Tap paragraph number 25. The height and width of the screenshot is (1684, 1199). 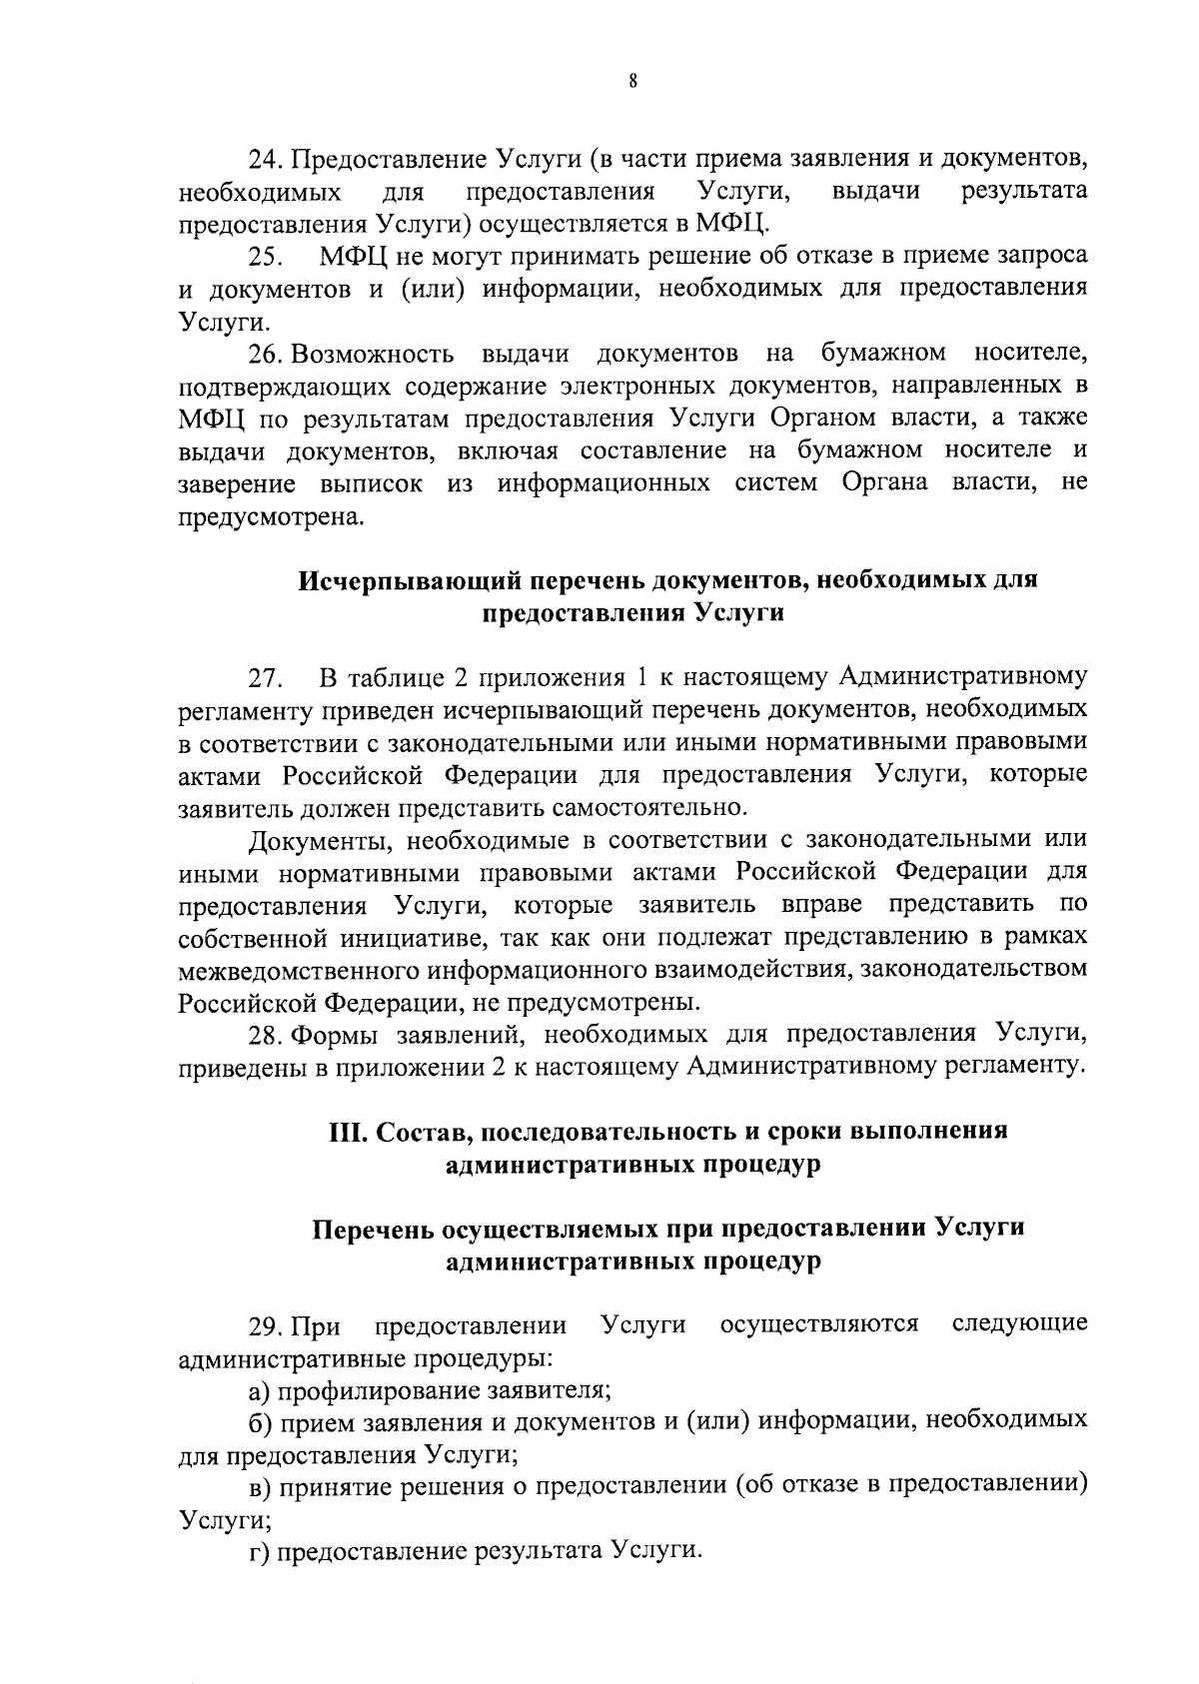pos(266,258)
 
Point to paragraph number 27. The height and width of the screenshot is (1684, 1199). pos(266,678)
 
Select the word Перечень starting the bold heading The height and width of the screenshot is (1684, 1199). pos(374,1229)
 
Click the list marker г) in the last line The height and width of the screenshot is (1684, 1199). pos(261,1551)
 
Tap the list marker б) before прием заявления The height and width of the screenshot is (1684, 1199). pos(262,1421)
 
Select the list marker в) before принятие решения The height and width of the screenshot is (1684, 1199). pos(262,1486)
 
